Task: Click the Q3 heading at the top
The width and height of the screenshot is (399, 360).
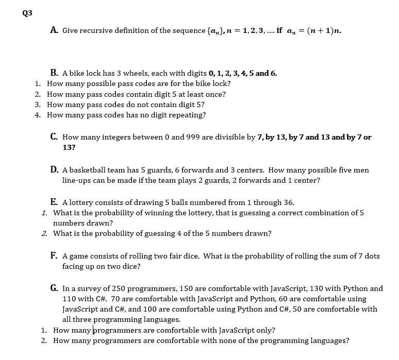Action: pos(27,13)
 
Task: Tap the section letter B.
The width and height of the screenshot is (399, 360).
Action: pos(54,73)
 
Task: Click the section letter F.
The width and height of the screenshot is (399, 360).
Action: pos(54,255)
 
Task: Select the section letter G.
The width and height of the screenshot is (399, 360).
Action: pos(54,288)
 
